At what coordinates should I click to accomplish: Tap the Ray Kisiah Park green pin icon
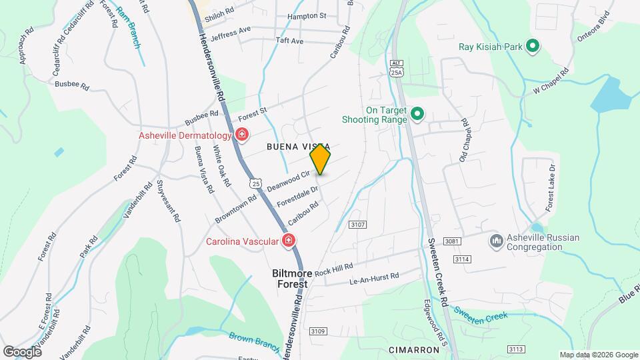click(532, 47)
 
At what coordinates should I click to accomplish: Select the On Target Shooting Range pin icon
click(417, 115)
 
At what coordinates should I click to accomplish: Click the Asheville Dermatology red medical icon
click(241, 136)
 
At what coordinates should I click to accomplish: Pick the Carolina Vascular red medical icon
click(289, 241)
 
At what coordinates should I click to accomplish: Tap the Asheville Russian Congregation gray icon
click(495, 240)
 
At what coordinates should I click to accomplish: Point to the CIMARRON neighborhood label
click(414, 349)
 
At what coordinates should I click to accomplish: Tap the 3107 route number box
click(357, 225)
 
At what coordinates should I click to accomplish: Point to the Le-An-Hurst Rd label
click(374, 278)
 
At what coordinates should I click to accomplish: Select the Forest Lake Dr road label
click(550, 186)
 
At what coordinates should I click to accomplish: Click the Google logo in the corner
click(22, 351)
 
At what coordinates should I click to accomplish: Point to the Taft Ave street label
click(289, 41)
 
